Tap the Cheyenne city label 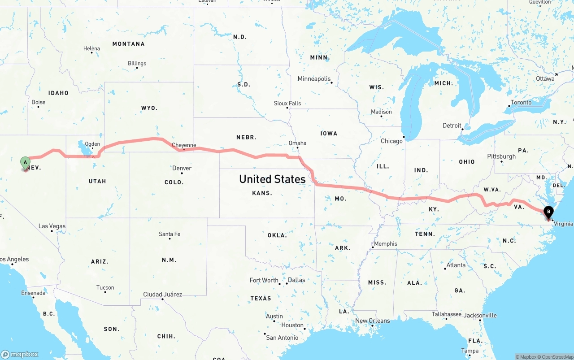184,145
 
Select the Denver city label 182,168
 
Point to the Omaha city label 297,143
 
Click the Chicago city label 391,141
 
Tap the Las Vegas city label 52,226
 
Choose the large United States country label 272,179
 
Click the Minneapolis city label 314,79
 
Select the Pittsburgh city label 501,156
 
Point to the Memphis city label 386,244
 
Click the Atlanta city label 456,265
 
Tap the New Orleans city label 373,321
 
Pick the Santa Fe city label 170,234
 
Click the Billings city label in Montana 137,63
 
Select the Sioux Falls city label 287,103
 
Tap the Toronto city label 521,103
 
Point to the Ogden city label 92,144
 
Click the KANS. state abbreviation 262,193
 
